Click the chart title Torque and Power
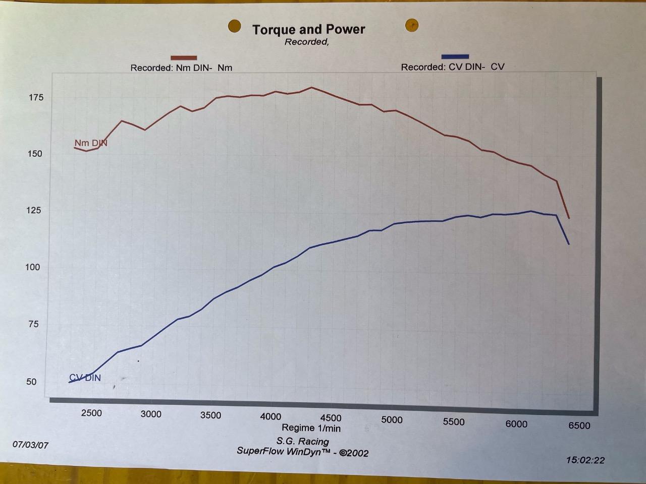pyautogui.click(x=308, y=30)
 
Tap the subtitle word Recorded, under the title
pyautogui.click(x=306, y=42)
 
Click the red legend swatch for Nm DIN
pyautogui.click(x=184, y=58)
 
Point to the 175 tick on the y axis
pyautogui.click(x=36, y=98)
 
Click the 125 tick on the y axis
pyautogui.click(x=34, y=211)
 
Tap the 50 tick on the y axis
pyautogui.click(x=32, y=382)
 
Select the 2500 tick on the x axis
pyautogui.click(x=91, y=413)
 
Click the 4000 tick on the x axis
pyautogui.click(x=271, y=416)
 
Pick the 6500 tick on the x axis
pyautogui.click(x=579, y=426)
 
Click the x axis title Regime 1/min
pyautogui.click(x=311, y=428)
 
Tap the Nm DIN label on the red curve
pyautogui.click(x=91, y=143)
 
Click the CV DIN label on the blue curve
pyautogui.click(x=85, y=378)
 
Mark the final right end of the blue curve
pyautogui.click(x=569, y=244)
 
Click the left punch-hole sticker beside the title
pyautogui.click(x=234, y=26)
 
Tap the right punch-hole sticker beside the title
pyautogui.click(x=412, y=25)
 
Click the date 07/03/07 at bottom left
pyautogui.click(x=31, y=445)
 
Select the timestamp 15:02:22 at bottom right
pyautogui.click(x=585, y=460)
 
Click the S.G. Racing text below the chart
pyautogui.click(x=302, y=441)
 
